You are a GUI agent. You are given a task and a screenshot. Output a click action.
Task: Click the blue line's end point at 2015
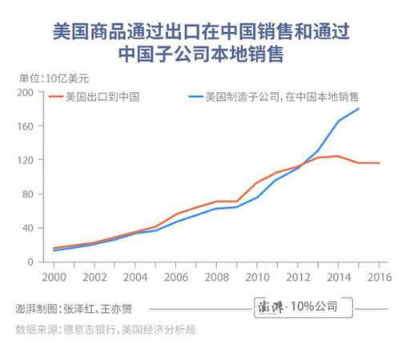point(358,109)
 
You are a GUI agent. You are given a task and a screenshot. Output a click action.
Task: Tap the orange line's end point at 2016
point(379,163)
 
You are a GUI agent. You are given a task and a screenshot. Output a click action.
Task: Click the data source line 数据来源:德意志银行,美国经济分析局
point(106,329)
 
